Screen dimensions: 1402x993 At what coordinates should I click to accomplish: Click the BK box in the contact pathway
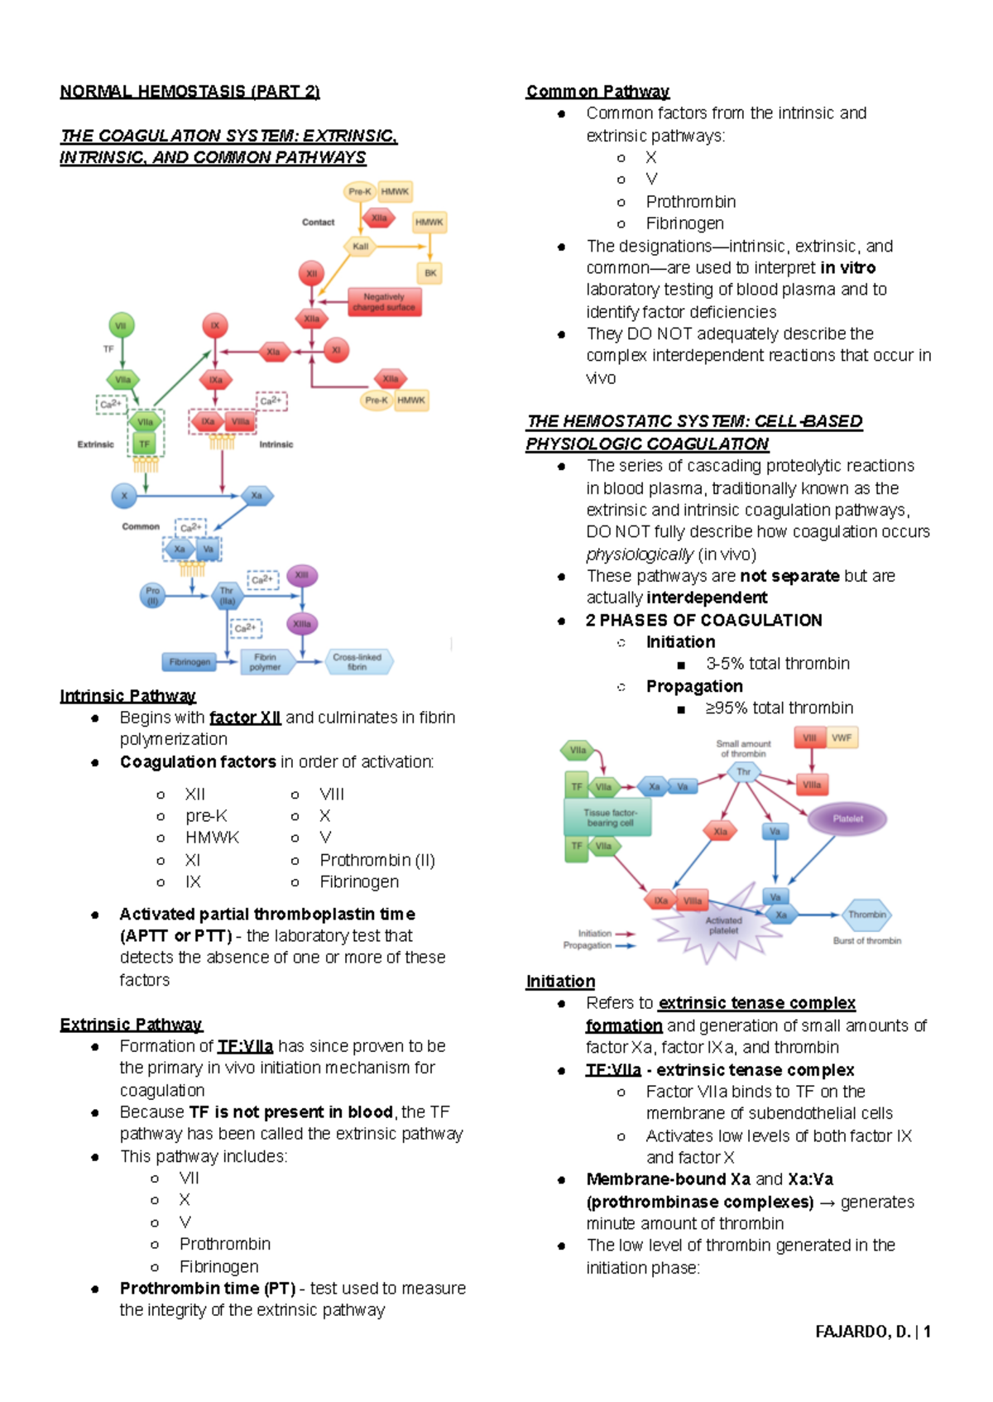coord(430,272)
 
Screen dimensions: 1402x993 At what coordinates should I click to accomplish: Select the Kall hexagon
coord(360,246)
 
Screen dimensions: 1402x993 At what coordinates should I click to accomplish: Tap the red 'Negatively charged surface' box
coord(384,302)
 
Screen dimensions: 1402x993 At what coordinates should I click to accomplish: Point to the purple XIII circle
coord(302,575)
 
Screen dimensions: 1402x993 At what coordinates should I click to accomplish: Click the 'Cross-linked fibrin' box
coord(357,661)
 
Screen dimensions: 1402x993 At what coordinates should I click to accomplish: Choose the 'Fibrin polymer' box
coord(266,662)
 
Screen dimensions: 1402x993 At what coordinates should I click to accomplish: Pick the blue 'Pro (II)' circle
coord(152,596)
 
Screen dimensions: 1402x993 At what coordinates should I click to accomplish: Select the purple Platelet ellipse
coord(847,819)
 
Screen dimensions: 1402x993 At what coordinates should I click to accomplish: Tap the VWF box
coord(842,737)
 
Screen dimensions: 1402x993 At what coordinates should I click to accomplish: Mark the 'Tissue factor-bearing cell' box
coord(610,818)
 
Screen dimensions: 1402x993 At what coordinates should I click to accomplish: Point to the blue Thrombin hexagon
coord(866,915)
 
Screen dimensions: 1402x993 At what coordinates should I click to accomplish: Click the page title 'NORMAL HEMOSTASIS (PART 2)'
coord(189,91)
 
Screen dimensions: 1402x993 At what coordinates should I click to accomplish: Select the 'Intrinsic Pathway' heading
coord(127,696)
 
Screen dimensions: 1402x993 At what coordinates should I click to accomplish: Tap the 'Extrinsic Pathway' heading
coord(131,1025)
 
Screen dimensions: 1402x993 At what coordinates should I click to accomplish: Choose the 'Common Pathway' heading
coord(597,91)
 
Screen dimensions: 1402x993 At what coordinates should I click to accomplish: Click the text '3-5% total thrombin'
coord(777,664)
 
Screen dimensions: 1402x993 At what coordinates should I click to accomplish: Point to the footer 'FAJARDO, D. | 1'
coord(873,1332)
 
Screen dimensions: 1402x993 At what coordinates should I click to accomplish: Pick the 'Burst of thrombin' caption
coord(866,941)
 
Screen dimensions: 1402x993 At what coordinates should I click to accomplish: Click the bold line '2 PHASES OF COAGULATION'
coord(703,620)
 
